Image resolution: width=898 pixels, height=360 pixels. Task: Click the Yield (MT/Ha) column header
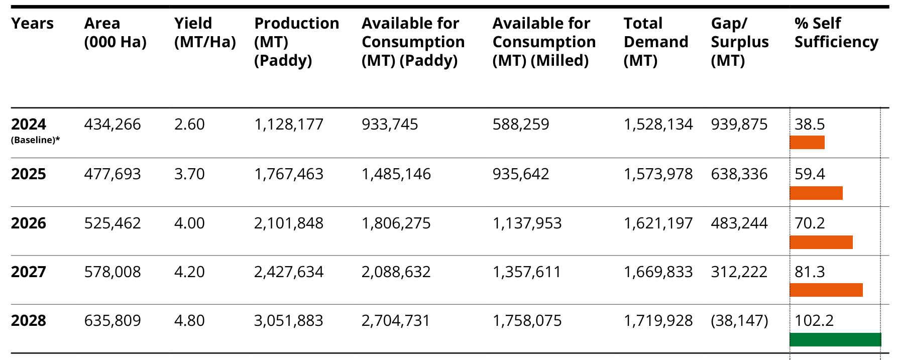pyautogui.click(x=205, y=33)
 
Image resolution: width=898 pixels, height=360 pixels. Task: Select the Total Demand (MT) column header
pyautogui.click(x=656, y=42)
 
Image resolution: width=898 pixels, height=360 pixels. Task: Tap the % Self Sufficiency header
pyautogui.click(x=836, y=33)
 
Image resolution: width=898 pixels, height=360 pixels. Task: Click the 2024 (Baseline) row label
pyautogui.click(x=35, y=131)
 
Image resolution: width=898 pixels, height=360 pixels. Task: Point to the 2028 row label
pyautogui.click(x=29, y=320)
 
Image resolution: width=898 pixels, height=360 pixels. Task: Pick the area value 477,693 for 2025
pyautogui.click(x=113, y=174)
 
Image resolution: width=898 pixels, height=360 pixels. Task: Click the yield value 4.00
pyautogui.click(x=189, y=223)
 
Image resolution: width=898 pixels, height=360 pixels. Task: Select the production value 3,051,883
pyautogui.click(x=289, y=321)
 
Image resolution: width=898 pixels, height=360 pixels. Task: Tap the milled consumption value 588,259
pyautogui.click(x=521, y=125)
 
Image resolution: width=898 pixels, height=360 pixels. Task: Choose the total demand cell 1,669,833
pyautogui.click(x=658, y=272)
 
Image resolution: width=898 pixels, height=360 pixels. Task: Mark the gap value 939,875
pyautogui.click(x=739, y=125)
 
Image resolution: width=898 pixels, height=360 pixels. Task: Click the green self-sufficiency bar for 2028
pyautogui.click(x=835, y=339)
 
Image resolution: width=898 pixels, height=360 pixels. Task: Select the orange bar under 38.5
pyautogui.click(x=807, y=142)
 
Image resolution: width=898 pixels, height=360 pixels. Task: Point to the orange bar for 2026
pyautogui.click(x=821, y=242)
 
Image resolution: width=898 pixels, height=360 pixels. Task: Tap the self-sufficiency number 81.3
pyautogui.click(x=810, y=272)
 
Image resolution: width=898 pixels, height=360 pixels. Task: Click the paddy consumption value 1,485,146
pyautogui.click(x=396, y=174)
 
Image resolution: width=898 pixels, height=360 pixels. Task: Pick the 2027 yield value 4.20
pyautogui.click(x=189, y=272)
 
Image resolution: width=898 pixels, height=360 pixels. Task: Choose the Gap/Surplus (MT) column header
pyautogui.click(x=740, y=42)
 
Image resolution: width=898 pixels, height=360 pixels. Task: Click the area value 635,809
pyautogui.click(x=113, y=321)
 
